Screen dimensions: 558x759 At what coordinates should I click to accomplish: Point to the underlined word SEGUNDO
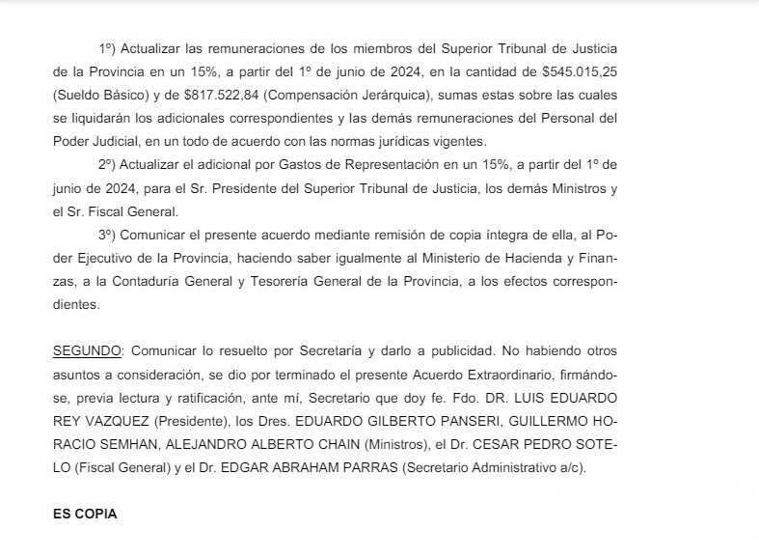pos(87,349)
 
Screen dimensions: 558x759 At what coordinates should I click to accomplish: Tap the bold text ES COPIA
pos(85,515)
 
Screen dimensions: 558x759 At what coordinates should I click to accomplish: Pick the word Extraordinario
pos(493,373)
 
